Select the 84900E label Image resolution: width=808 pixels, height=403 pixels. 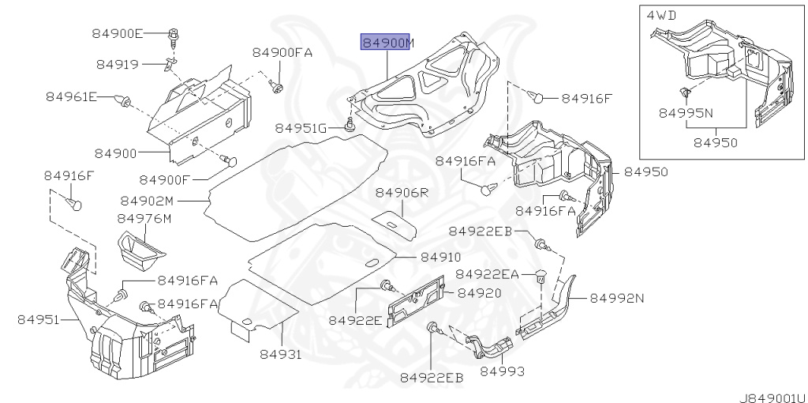118,33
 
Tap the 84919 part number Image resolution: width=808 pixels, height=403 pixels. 118,65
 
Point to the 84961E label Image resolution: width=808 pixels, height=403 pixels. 71,96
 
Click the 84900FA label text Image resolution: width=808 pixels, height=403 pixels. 282,52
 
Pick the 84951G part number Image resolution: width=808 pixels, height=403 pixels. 301,128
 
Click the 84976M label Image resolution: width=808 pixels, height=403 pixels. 144,219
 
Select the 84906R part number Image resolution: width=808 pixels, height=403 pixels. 402,193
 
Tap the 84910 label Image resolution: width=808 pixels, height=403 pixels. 440,257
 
